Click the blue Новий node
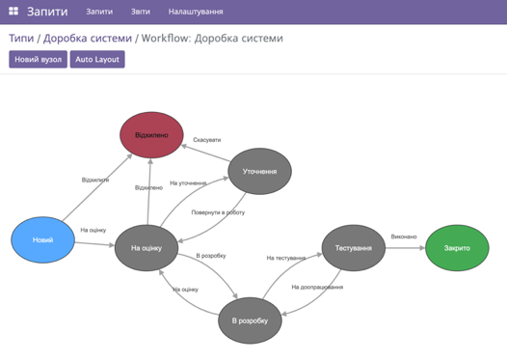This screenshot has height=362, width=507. [42, 239]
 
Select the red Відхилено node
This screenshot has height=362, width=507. [151, 134]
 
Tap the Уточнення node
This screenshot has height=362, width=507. [259, 172]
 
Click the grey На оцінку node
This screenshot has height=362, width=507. [147, 248]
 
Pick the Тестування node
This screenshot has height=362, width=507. [354, 248]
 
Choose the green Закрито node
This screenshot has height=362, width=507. [457, 248]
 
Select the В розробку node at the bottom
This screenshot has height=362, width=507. [250, 320]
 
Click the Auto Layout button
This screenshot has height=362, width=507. [97, 59]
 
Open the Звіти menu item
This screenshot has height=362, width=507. [141, 12]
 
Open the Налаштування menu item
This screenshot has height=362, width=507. [196, 12]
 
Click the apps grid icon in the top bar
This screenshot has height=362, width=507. [13, 12]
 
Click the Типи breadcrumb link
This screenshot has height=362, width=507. [20, 38]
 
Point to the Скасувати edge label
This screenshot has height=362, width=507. [206, 140]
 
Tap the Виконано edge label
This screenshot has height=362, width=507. [404, 237]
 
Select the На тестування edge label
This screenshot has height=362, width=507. [286, 258]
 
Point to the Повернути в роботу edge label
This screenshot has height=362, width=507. [218, 212]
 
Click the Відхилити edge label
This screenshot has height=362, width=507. [95, 180]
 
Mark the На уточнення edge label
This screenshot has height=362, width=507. [188, 182]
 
